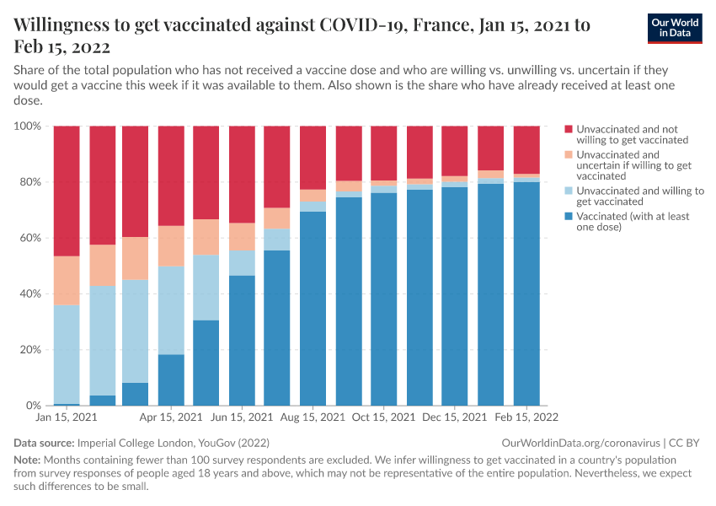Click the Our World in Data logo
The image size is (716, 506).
coord(676,28)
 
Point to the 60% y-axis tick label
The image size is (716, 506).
coord(30,238)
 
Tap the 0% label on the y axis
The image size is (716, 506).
coord(34,406)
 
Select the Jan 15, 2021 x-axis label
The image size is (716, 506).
coord(66,417)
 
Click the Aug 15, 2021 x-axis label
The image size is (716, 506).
coord(313,417)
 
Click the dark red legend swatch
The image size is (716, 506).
coord(569,129)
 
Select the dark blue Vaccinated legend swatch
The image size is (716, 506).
coord(569,217)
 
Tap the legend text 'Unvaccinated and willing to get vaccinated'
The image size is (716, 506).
coord(639,196)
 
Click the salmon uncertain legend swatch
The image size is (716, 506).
coord(569,155)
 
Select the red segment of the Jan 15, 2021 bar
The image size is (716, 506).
coord(67,191)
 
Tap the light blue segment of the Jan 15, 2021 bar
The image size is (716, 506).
coord(67,354)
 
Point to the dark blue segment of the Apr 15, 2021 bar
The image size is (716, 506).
coord(171,379)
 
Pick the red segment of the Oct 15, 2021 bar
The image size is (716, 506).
coord(384,153)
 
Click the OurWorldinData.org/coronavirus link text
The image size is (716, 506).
coord(580,443)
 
